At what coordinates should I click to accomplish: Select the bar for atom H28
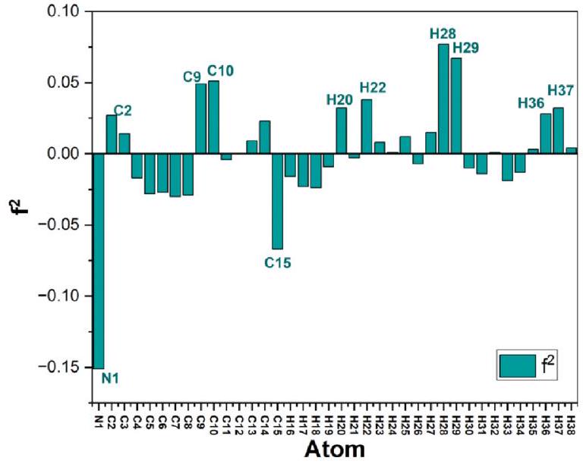444,99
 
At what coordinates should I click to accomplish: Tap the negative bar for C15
277,201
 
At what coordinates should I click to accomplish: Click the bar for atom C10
213,117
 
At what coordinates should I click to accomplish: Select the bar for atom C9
200,118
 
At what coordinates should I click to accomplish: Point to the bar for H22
367,126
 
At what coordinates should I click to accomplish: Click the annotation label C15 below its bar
278,263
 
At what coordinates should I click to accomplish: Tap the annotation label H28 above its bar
443,33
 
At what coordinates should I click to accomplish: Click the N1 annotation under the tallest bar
111,377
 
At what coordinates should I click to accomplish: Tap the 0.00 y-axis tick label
61,154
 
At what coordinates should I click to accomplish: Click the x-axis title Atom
334,450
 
